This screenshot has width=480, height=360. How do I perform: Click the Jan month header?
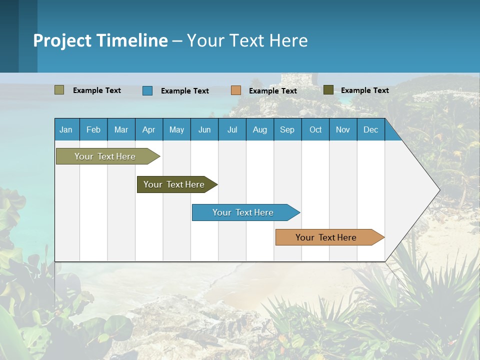[x=66, y=129]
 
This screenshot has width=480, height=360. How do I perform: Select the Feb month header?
[x=93, y=129]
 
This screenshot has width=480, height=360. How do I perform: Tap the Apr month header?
[x=149, y=129]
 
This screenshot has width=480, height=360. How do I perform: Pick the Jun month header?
[x=204, y=129]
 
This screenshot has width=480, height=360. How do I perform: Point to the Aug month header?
[x=260, y=129]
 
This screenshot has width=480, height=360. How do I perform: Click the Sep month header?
[x=287, y=129]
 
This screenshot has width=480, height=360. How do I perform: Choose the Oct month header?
[x=315, y=129]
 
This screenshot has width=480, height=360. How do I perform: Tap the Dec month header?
[x=371, y=129]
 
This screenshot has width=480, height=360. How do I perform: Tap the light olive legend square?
[x=59, y=90]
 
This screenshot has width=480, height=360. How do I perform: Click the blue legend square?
[x=147, y=90]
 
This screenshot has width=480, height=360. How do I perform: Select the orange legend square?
[x=236, y=90]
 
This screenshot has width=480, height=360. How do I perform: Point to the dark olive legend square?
[x=328, y=90]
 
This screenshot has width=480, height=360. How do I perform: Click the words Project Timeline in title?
[x=100, y=40]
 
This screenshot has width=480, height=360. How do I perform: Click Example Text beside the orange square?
[x=273, y=91]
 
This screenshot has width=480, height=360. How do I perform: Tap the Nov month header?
[x=343, y=129]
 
